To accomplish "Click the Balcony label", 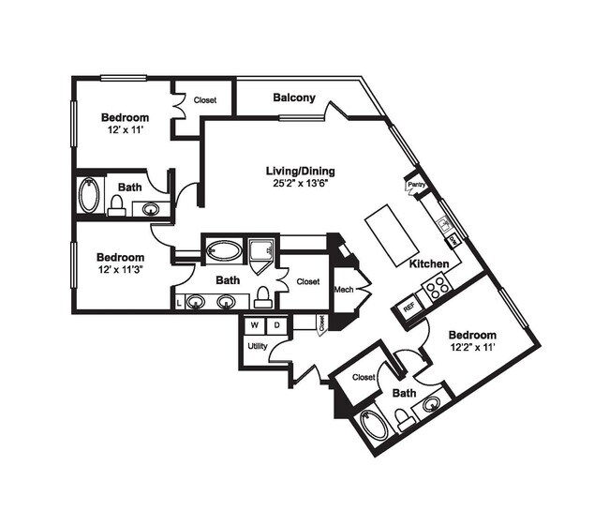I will click(x=293, y=98).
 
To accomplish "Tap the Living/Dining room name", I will click(x=300, y=171).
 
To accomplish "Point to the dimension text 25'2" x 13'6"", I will click(x=300, y=184).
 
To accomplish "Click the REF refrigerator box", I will click(x=408, y=307).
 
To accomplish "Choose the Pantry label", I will click(x=417, y=186).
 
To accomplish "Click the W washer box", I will click(x=254, y=325).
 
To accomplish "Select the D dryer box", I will click(x=276, y=325).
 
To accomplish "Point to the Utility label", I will click(x=258, y=346).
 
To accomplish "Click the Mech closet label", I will click(x=343, y=290).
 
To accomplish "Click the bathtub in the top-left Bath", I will click(x=90, y=196).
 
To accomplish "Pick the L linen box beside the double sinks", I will click(x=178, y=303).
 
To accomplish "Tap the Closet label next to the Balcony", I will click(x=205, y=99).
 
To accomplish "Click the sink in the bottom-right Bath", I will click(x=432, y=405).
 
